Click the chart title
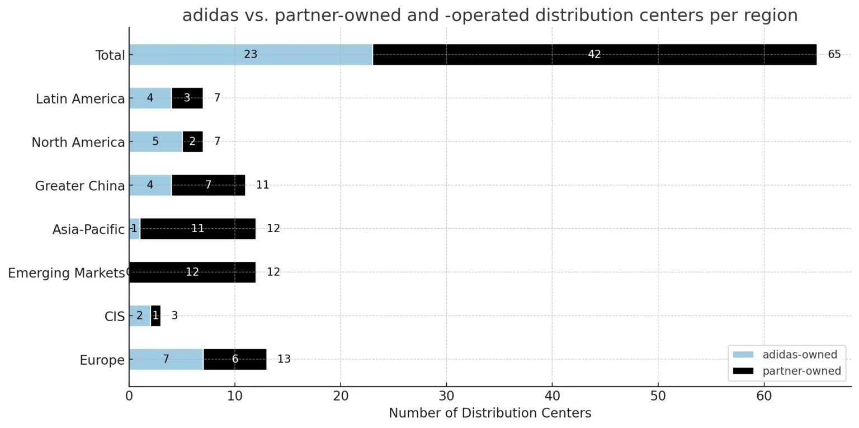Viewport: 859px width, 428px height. (490, 16)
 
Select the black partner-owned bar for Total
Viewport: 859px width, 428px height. (594, 55)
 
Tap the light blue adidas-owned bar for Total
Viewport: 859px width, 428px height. (251, 55)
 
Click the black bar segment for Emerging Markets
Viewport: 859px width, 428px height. (192, 272)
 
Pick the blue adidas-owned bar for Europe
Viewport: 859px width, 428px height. (166, 359)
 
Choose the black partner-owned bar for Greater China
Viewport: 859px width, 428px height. (208, 185)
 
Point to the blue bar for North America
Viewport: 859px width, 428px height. (155, 142)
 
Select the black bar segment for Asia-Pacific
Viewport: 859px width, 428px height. (197, 229)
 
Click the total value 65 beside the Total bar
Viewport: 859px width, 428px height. (834, 55)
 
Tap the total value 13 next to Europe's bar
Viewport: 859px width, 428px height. (284, 359)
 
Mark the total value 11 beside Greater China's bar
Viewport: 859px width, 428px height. (262, 185)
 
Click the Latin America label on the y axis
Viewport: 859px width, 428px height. (80, 99)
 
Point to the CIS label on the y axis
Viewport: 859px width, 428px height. (114, 317)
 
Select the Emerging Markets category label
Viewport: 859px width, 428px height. (66, 273)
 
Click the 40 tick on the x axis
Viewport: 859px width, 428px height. (552, 396)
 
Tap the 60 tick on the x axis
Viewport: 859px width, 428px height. (764, 396)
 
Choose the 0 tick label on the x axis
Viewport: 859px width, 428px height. (129, 396)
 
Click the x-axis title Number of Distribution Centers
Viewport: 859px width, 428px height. (489, 413)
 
